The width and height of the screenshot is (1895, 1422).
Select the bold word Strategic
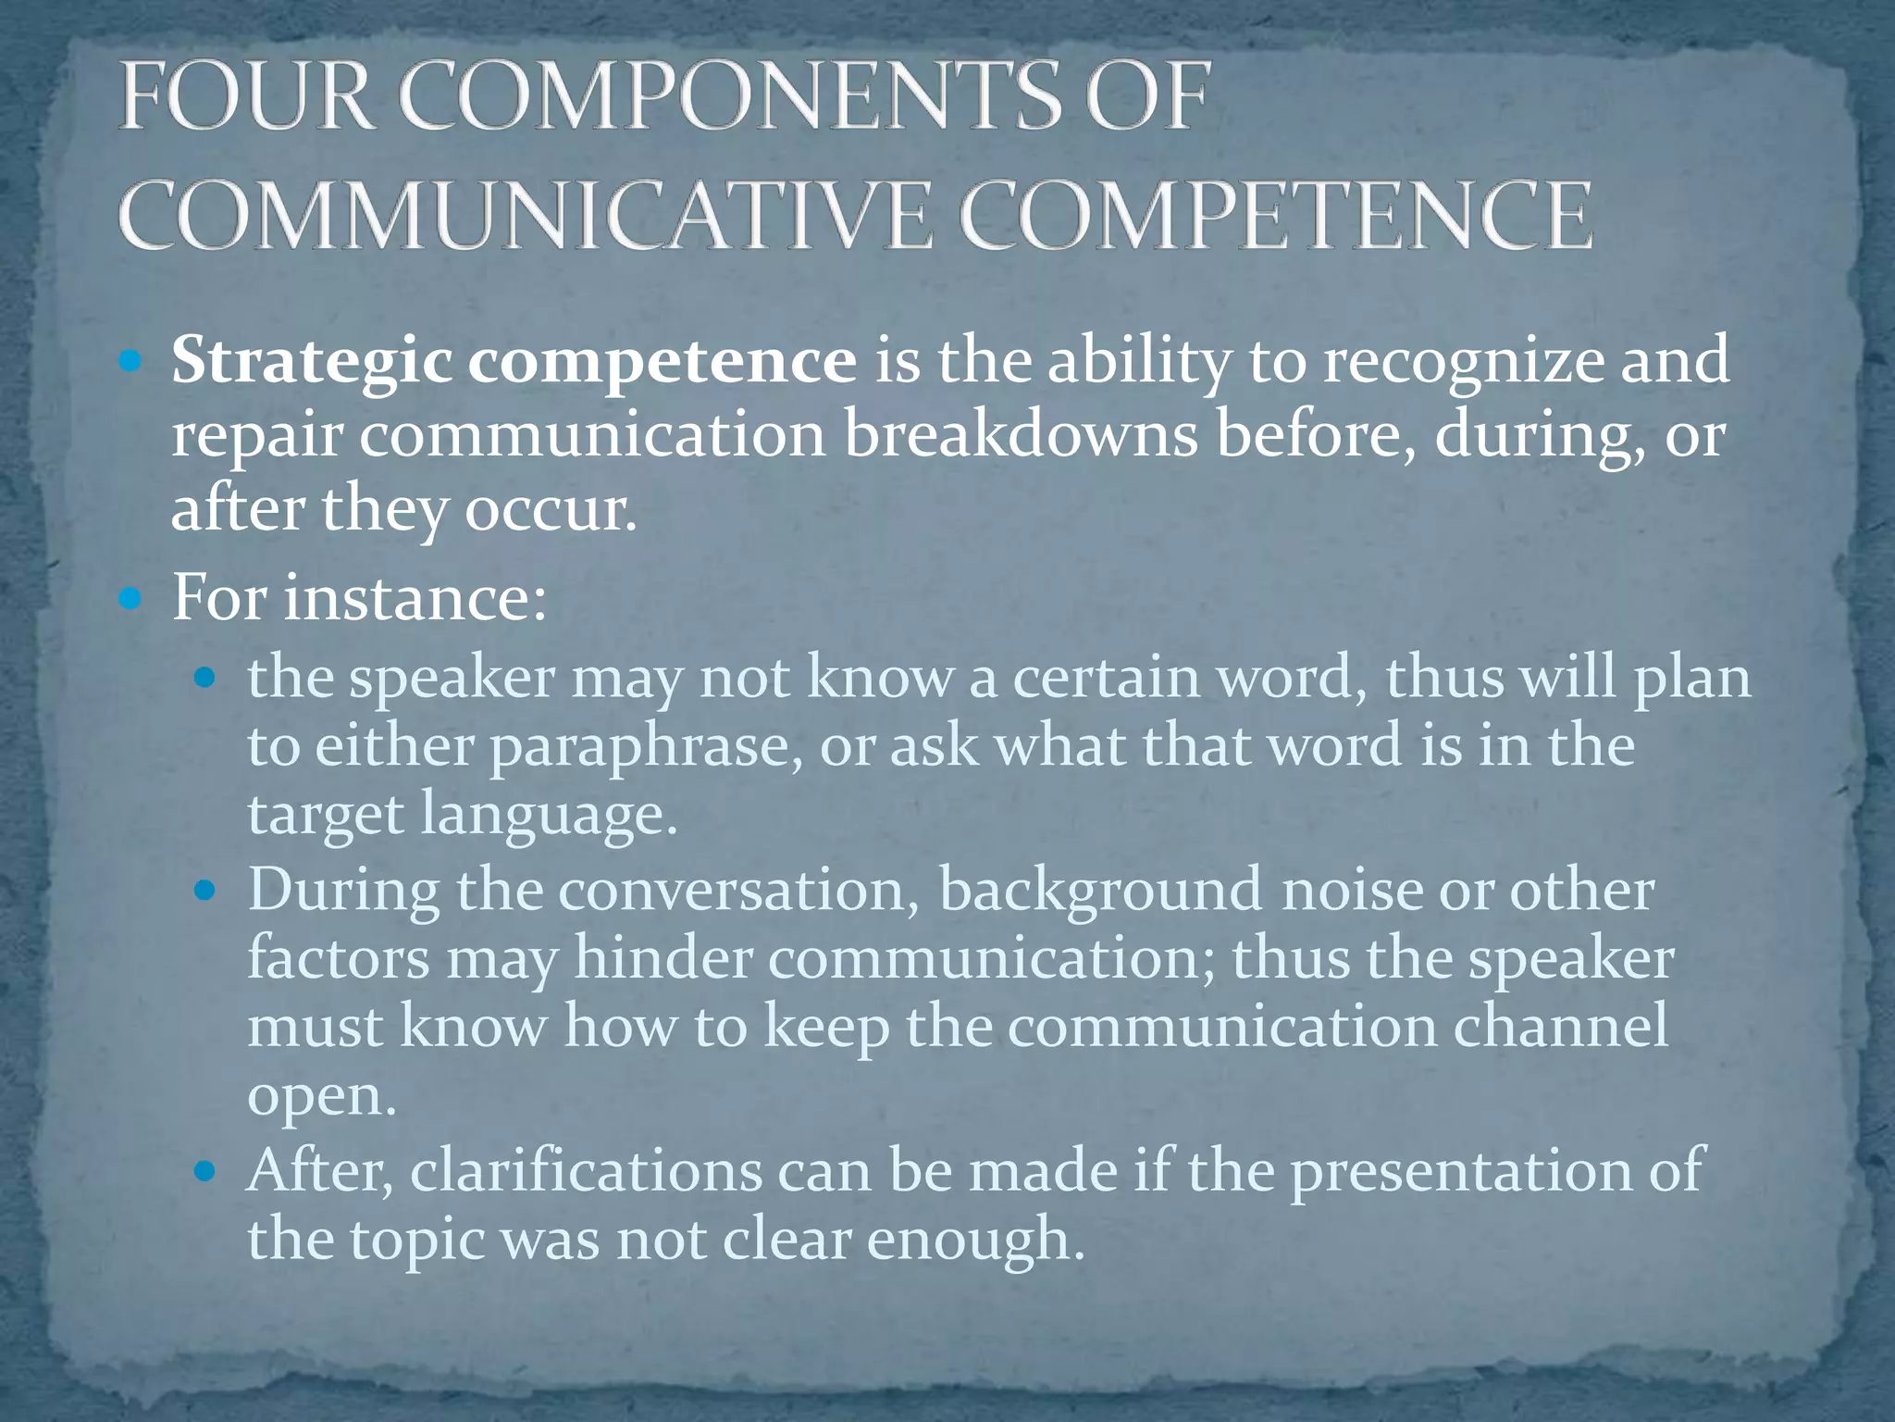pos(311,361)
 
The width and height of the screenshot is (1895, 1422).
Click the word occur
pos(551,509)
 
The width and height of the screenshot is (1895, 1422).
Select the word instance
pos(414,597)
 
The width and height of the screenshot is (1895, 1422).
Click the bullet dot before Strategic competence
pos(131,362)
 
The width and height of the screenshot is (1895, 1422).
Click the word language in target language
pos(549,816)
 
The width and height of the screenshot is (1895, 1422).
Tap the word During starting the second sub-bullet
pos(343,890)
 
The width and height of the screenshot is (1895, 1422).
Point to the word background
pos(1100,890)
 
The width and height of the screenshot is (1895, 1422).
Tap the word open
pos(321,1098)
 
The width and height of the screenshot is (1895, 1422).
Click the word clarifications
pos(587,1170)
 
